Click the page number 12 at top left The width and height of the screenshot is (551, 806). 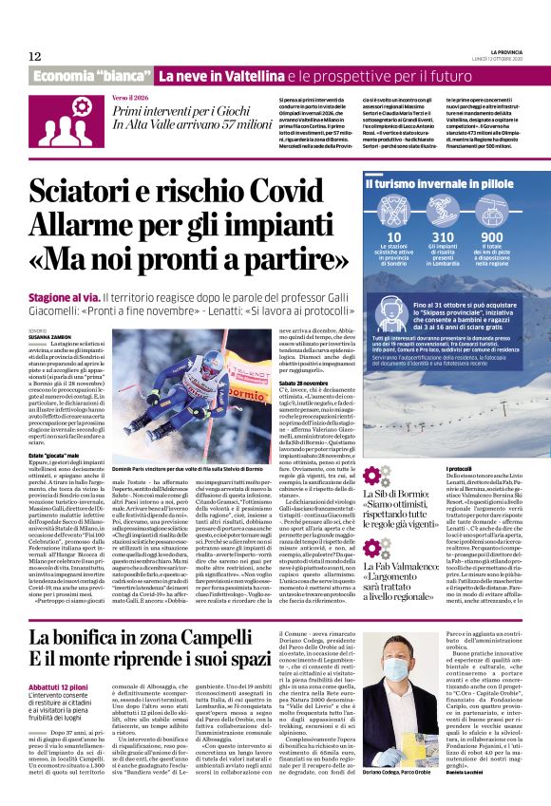[x=35, y=56]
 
